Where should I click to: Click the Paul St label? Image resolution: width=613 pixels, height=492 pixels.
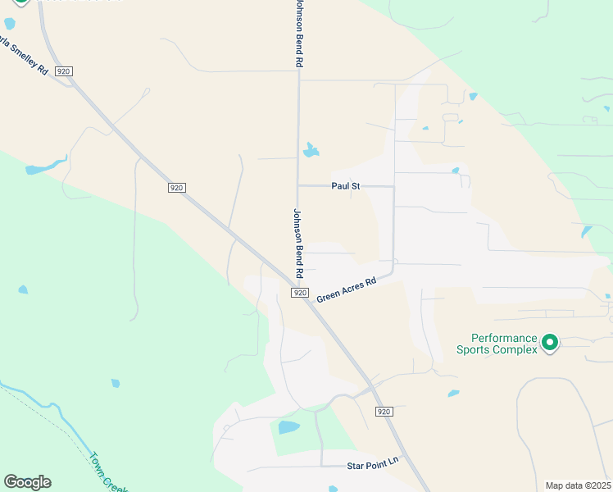(x=345, y=186)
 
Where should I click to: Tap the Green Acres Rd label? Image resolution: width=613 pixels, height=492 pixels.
(x=346, y=289)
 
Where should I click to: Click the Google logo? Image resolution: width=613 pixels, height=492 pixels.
(x=27, y=482)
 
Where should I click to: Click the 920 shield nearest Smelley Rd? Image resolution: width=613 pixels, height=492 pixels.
(x=64, y=71)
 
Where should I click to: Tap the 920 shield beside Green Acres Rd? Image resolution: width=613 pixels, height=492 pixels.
(x=300, y=293)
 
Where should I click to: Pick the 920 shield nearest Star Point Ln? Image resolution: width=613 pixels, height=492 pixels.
(x=384, y=410)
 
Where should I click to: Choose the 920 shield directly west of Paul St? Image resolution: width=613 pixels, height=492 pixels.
(x=176, y=188)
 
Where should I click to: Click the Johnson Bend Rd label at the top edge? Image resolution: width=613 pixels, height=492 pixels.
(x=299, y=33)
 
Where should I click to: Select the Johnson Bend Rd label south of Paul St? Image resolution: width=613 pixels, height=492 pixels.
(x=299, y=242)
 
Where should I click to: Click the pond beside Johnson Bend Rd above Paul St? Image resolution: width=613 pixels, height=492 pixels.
(x=311, y=150)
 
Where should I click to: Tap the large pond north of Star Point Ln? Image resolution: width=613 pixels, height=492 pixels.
(x=288, y=426)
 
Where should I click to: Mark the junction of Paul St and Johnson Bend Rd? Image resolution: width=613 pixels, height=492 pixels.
(x=297, y=186)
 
